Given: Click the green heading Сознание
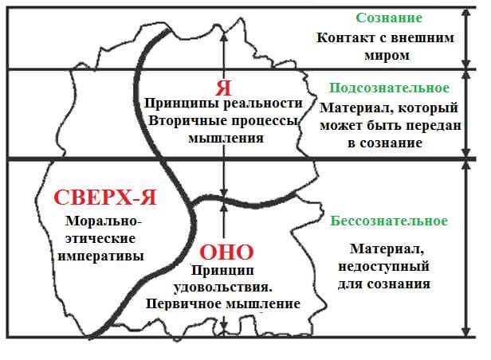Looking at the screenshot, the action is (x=389, y=18).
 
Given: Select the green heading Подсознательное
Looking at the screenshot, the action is (x=389, y=88).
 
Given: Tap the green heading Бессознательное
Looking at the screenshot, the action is (x=389, y=221).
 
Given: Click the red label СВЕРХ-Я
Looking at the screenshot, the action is (x=105, y=198).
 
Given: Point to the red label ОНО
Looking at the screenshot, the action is (x=226, y=252).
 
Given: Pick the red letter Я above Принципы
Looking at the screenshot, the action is (x=223, y=88).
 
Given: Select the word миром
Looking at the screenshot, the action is (x=387, y=56).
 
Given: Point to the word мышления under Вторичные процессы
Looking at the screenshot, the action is (x=226, y=139).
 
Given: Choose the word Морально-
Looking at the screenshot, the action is (x=104, y=221).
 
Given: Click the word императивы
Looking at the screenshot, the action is (x=100, y=256).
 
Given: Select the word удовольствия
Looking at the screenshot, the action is (x=222, y=288).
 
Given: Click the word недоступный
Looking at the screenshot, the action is (x=383, y=267).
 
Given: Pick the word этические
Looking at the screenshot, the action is (x=100, y=239).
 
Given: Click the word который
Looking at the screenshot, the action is (x=428, y=108).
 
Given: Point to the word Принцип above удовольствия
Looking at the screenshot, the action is (x=222, y=270).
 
